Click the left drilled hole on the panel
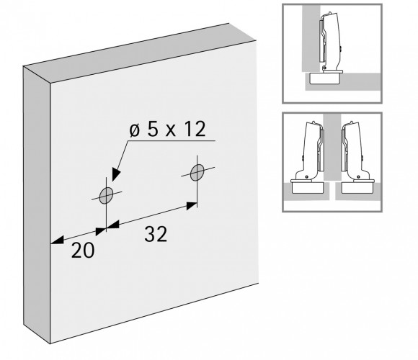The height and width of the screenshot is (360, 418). (106, 195)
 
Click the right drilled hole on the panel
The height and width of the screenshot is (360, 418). (197, 172)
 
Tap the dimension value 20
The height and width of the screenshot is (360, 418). (83, 251)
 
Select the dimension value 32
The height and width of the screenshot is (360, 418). (156, 234)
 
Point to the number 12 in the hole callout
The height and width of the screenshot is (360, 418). (195, 129)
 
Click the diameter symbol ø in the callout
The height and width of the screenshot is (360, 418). (135, 130)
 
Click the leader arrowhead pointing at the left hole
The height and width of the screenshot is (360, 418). (116, 175)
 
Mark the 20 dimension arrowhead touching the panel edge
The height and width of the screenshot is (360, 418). (57, 240)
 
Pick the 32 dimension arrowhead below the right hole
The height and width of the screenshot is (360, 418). (192, 206)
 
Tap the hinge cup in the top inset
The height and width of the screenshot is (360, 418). (325, 78)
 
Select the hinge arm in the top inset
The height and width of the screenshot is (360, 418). (329, 41)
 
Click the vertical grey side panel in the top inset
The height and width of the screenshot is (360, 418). (311, 38)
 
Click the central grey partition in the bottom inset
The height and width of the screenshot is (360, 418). (332, 148)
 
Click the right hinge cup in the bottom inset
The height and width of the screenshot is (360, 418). (357, 187)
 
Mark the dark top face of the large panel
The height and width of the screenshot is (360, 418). (139, 53)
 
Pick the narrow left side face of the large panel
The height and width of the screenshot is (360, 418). (37, 205)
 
